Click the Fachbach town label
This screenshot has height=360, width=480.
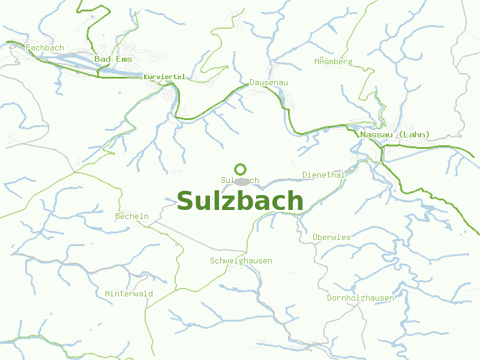45,47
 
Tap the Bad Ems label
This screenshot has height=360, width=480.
113,59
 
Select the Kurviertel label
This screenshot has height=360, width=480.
164,77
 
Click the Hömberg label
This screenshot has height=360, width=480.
334,61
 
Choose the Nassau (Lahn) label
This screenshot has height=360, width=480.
395,134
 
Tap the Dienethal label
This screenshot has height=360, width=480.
323,175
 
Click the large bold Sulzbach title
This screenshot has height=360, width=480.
240,201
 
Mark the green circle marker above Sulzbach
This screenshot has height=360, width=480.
241,169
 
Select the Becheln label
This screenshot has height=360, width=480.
131,216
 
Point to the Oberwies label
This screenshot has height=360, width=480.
331,237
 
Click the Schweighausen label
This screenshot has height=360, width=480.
241,260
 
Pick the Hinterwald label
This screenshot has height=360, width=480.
128,293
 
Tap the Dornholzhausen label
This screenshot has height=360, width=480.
360,298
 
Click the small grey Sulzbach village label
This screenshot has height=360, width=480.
239,180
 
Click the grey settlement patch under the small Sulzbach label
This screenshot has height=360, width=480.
242,181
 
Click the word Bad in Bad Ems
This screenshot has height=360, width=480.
102,59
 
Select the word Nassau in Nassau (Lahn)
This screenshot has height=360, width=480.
377,134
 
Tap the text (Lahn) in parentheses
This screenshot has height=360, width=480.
413,134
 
